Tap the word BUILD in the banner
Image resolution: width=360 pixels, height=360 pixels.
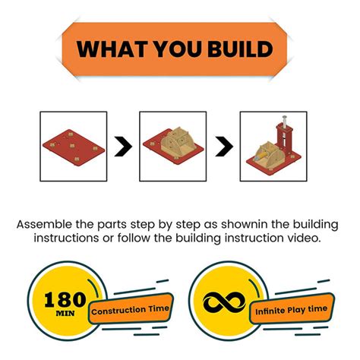pos(235,50)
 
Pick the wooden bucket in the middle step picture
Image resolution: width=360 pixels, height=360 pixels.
pos(177,141)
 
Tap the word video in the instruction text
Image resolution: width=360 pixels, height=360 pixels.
pos(308,238)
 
